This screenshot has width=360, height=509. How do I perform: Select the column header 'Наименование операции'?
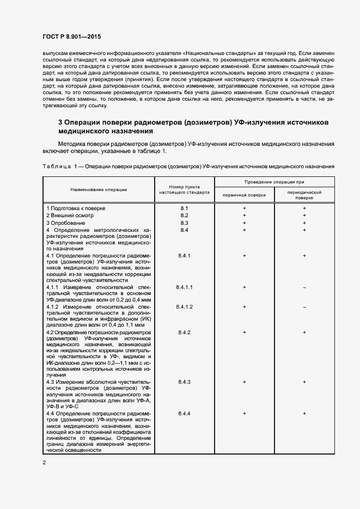(99, 189)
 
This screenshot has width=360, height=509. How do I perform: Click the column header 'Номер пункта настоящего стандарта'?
(184, 189)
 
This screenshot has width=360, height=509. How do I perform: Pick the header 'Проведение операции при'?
(274, 182)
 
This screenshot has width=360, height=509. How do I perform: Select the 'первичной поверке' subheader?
(245, 195)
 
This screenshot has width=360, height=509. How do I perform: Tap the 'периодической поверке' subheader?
(304, 195)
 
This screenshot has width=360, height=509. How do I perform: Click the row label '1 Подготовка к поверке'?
(76, 208)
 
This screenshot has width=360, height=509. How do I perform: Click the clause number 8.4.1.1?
(184, 287)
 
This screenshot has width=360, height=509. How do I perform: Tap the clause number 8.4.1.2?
(184, 308)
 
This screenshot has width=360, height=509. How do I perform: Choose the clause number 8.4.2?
(184, 332)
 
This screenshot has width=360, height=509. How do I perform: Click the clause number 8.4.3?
(184, 382)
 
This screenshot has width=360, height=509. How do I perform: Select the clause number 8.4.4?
(184, 414)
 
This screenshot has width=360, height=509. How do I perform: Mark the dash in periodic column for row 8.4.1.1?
(304, 287)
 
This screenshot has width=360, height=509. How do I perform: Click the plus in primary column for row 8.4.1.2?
(245, 308)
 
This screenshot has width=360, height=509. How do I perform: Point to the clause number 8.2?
(184, 216)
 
